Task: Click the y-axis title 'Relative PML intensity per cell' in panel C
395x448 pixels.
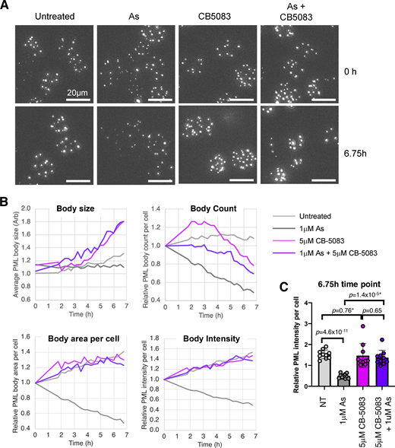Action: click(x=283, y=362)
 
